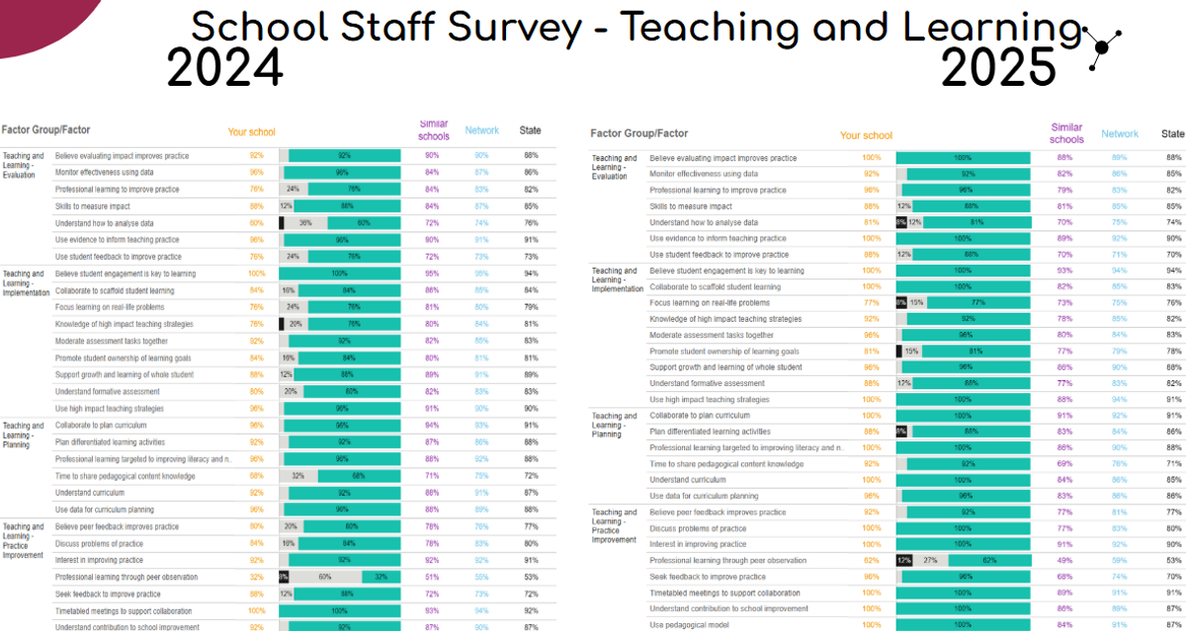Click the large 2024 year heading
pos(225,68)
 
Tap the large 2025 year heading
pos(999,68)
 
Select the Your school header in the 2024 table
pos(251,132)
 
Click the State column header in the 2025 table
pos(1172,134)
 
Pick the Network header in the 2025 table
pos(1120,134)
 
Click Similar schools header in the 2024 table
pos(433,130)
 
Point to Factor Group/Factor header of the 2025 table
pos(638,133)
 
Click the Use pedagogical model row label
pos(690,625)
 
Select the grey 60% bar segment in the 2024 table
pos(325,577)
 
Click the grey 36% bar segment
pos(305,223)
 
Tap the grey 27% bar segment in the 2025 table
pos(930,561)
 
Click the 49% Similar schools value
pos(1064,561)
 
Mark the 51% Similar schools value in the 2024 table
pos(432,577)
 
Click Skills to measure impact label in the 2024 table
pos(92,206)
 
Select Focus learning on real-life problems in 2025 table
pos(709,303)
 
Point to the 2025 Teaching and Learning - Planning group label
pos(614,425)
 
